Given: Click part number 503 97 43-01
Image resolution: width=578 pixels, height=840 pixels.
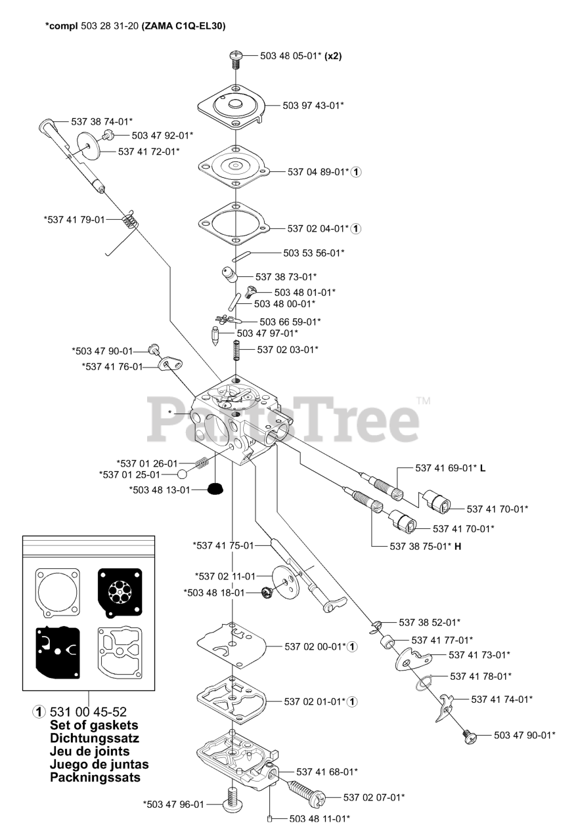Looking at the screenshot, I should click(313, 105).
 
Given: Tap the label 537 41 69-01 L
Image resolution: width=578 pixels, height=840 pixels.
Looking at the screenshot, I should click(450, 468).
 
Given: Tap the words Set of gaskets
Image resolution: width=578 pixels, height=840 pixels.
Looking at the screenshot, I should click(94, 725).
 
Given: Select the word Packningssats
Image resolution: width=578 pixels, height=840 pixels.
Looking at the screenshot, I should click(95, 778).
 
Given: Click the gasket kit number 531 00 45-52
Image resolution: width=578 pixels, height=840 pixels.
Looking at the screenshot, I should click(88, 712).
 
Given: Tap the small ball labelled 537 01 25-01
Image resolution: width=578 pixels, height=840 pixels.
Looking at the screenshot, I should click(183, 474).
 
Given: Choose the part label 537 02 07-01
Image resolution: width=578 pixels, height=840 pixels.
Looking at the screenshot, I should click(374, 797).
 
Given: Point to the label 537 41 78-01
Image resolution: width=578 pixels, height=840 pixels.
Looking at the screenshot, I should click(481, 676).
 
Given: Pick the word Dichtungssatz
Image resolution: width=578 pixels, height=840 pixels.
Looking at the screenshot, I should click(94, 738).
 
